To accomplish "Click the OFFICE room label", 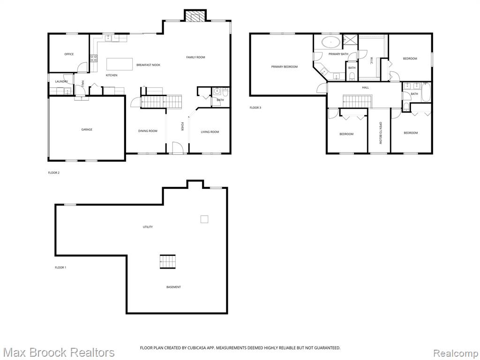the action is [x=69, y=54].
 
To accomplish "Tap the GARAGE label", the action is [x=87, y=129].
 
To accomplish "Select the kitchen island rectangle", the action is [x=120, y=64].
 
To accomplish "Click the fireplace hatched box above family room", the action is [x=195, y=16].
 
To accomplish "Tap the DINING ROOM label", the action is [x=148, y=131].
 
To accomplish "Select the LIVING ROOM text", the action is [x=210, y=132].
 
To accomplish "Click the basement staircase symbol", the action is [x=168, y=262].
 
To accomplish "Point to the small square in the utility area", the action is [x=204, y=219].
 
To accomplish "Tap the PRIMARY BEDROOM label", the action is [x=284, y=67].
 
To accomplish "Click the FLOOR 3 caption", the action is [x=255, y=108].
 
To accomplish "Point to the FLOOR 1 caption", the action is [x=60, y=268].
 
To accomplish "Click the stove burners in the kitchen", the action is [x=94, y=58].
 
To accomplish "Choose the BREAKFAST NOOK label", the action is [x=148, y=65].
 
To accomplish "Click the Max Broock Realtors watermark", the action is [x=58, y=352].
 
